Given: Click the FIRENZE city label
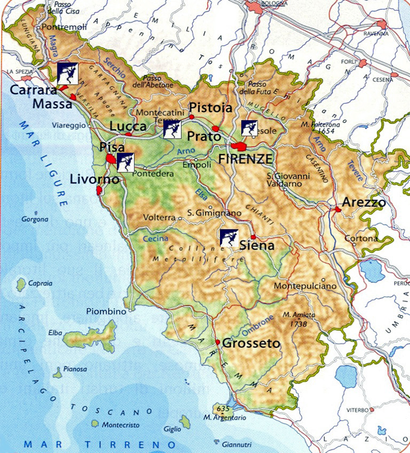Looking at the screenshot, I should pos(245,158).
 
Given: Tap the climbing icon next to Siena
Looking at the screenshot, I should pos(229,238).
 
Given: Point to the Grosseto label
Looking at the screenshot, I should pos(251,343).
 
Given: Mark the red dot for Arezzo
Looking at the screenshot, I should pos(338,209).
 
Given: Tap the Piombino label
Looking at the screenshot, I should pos(107,312).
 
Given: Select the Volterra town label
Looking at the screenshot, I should pos(159,218).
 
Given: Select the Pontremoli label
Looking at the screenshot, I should pos(65,27).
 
